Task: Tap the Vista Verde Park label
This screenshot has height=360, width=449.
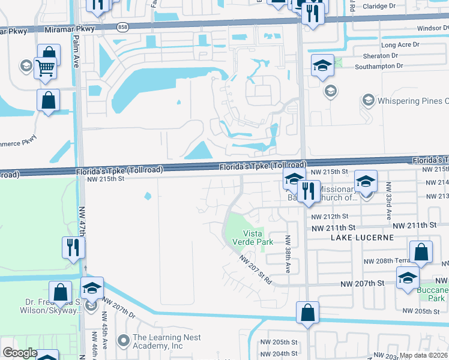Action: [x=258, y=238]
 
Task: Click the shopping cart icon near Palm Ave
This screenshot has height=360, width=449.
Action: [x=46, y=68]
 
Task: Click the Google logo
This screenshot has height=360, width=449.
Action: [x=20, y=353]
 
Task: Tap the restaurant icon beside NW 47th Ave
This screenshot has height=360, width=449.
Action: [x=73, y=247]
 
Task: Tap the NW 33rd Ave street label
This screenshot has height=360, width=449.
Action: [x=388, y=200]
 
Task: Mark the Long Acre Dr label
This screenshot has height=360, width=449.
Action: [x=400, y=46]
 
